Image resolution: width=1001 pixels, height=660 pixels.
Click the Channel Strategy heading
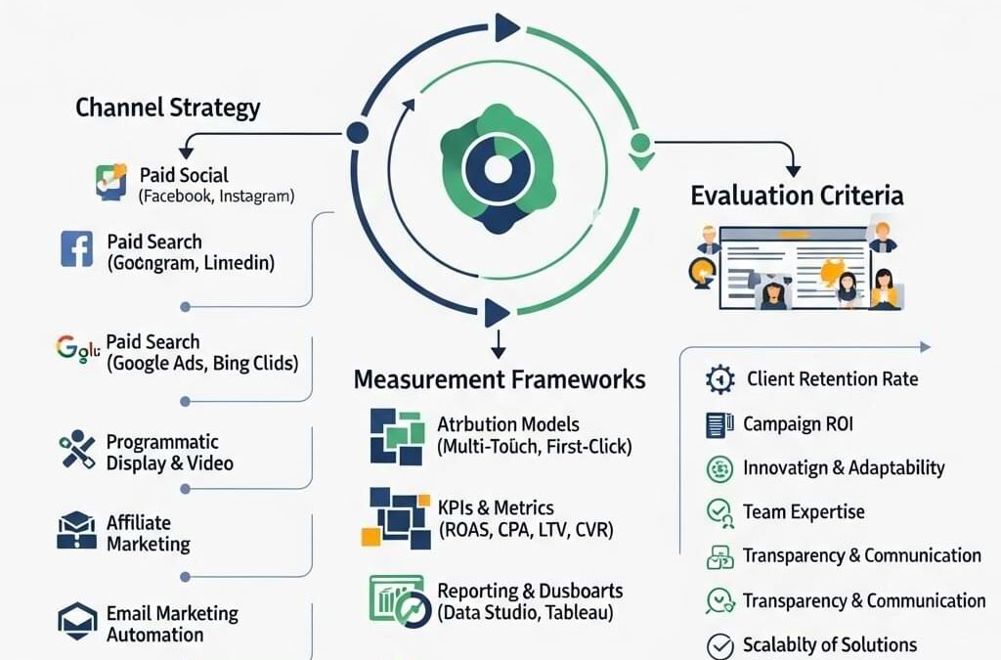(168, 107)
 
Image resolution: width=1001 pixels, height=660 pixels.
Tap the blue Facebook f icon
(76, 248)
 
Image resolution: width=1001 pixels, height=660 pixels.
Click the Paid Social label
(184, 175)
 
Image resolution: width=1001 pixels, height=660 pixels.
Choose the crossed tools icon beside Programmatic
(76, 452)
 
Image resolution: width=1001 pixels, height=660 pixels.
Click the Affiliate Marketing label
(148, 534)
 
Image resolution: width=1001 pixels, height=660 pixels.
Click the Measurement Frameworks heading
(500, 379)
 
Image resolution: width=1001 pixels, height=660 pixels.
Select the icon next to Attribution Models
(397, 436)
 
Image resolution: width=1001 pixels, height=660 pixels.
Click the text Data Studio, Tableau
(526, 614)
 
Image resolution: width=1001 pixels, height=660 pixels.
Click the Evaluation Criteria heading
(797, 195)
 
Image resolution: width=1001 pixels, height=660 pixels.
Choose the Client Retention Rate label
(832, 378)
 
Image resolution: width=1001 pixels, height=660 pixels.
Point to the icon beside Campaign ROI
(719, 424)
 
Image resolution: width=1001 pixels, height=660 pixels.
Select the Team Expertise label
(804, 511)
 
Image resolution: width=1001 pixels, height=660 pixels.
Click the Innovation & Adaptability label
(844, 467)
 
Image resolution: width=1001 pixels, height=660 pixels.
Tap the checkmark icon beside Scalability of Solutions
(719, 645)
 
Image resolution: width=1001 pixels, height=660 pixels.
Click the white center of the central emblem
(499, 169)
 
